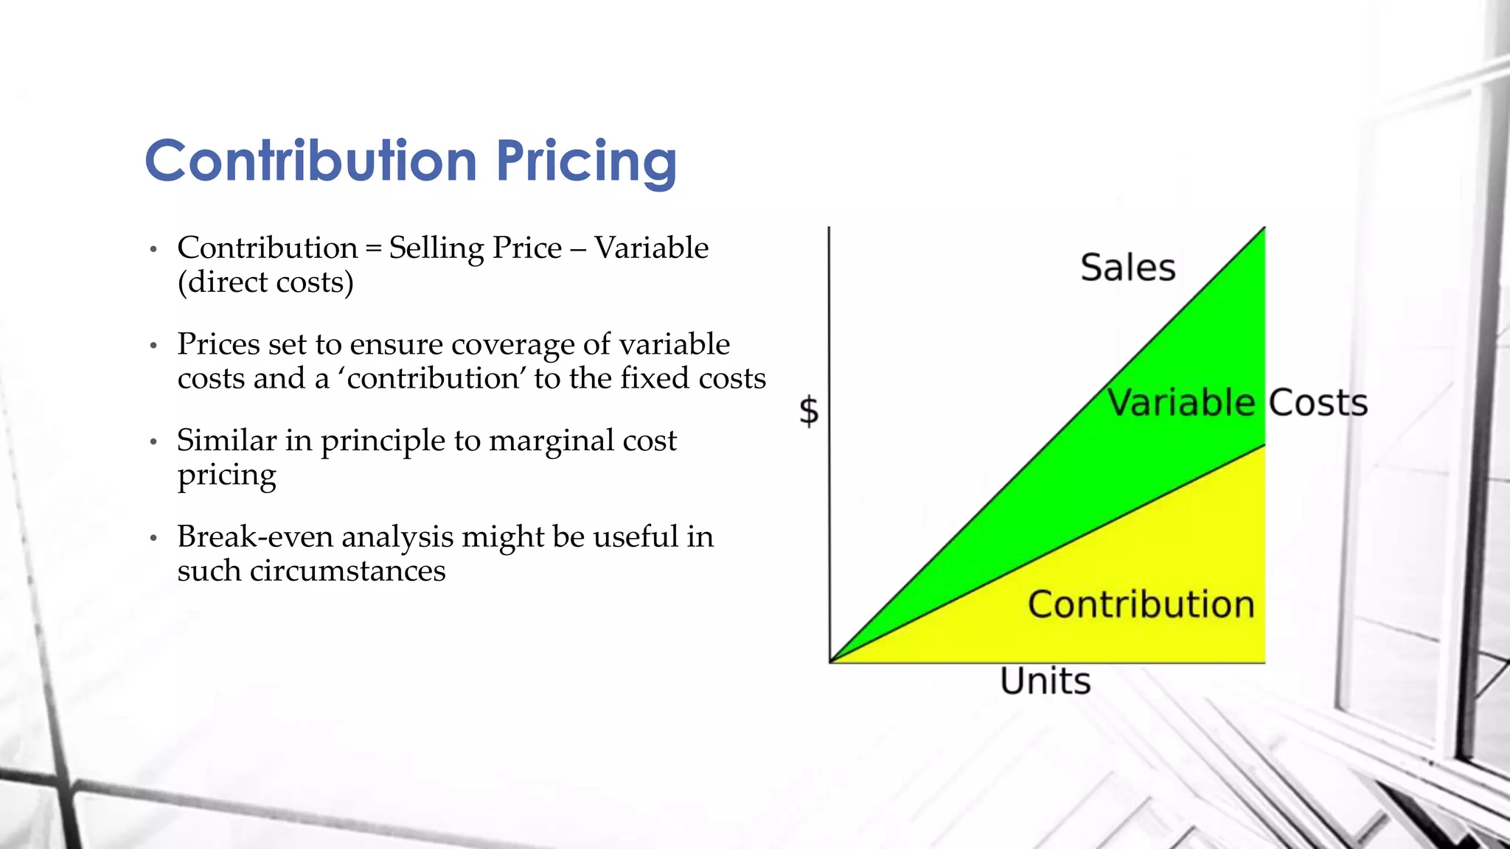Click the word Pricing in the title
coord(586,161)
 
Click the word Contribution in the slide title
coord(311,161)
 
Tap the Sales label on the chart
coord(1127,268)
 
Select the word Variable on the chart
coord(1180,403)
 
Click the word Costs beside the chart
coord(1318,403)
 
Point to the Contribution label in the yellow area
coord(1141,604)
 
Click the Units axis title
coord(1045,681)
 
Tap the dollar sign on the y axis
coord(809,410)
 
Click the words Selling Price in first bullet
coord(475,248)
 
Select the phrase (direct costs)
coord(265,282)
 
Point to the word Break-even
coord(256,537)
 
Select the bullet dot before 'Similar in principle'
coord(153,442)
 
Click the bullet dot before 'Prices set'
coord(153,346)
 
